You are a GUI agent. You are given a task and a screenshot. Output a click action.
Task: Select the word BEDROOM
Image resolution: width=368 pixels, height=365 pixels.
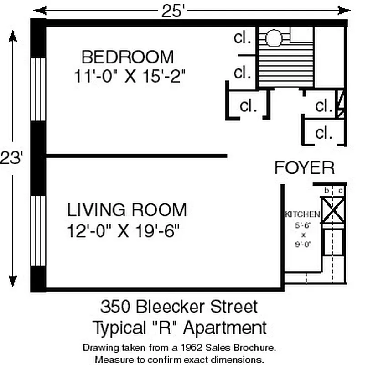(127, 57)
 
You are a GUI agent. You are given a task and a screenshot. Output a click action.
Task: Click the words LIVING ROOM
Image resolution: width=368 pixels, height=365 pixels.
(127, 210)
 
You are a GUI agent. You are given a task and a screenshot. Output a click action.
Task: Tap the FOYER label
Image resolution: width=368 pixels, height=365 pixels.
(304, 167)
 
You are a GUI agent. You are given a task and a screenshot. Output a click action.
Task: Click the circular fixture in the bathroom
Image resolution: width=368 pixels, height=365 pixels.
(273, 39)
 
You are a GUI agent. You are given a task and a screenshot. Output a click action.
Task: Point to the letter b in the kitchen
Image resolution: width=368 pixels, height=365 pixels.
(327, 190)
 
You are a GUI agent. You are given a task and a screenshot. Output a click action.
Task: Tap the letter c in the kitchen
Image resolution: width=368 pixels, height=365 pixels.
(340, 190)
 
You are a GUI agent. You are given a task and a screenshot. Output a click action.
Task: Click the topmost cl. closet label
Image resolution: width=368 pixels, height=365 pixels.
(243, 38)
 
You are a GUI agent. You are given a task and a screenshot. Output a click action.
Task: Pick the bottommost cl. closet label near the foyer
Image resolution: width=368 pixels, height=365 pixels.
(324, 133)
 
